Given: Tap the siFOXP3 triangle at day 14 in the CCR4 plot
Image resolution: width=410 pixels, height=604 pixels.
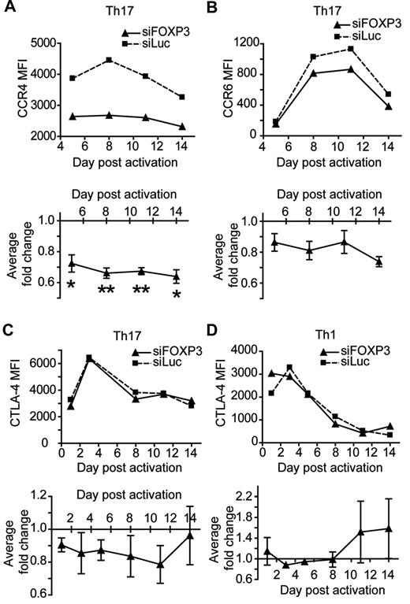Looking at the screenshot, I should (181, 126).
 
